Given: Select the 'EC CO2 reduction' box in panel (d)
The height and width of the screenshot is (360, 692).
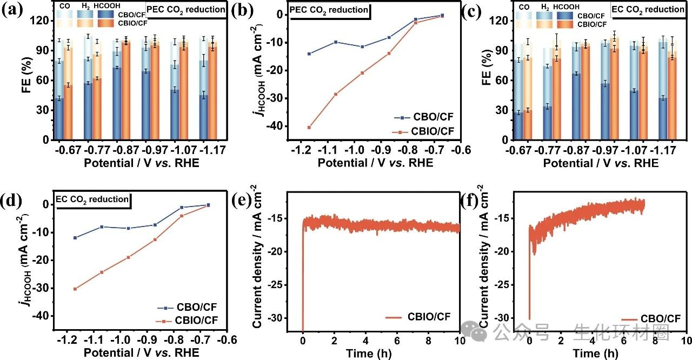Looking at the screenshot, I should click(x=93, y=199).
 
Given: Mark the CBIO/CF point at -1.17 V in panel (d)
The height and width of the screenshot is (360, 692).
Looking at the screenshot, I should click(x=75, y=289).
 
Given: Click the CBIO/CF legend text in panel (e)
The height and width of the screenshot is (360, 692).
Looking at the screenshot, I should click(x=428, y=317).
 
